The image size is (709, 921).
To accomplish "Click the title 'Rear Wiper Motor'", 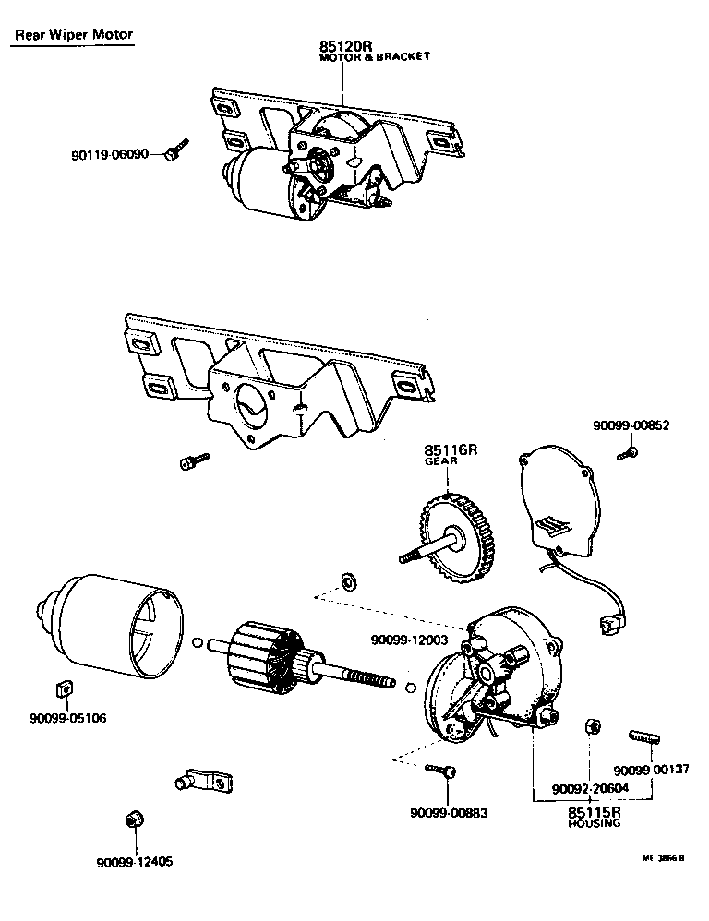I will click(74, 36).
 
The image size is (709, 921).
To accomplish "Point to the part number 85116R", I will click(450, 451).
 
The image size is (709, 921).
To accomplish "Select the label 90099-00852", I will click(631, 425).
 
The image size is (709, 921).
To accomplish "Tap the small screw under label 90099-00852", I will click(629, 452).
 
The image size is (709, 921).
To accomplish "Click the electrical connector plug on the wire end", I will click(610, 627).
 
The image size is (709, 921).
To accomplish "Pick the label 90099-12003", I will click(409, 639).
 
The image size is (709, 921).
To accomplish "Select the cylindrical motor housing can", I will click(111, 624).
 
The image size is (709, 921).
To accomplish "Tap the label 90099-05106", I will click(66, 717).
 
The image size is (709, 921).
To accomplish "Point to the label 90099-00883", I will click(448, 813).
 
